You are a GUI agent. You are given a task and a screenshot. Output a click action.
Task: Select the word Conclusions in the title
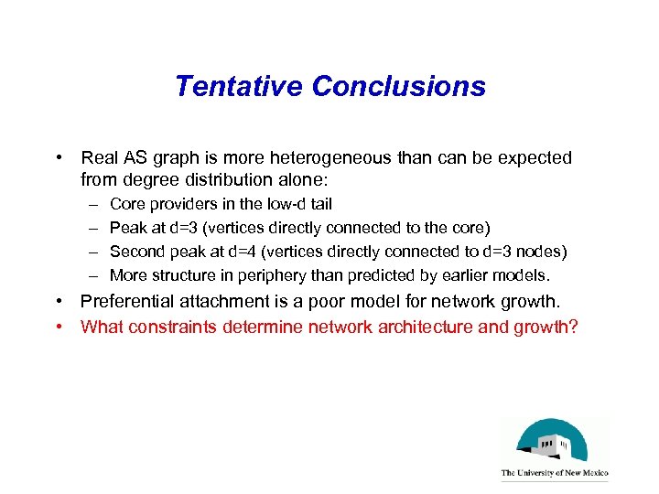[398, 86]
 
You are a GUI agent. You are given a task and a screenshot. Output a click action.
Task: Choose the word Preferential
[129, 302]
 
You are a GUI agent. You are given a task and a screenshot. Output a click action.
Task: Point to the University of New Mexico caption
[554, 474]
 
